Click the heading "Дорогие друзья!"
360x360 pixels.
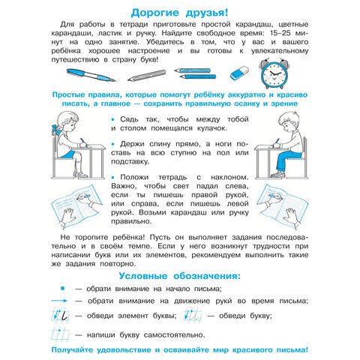pyautogui.click(x=180, y=11)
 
